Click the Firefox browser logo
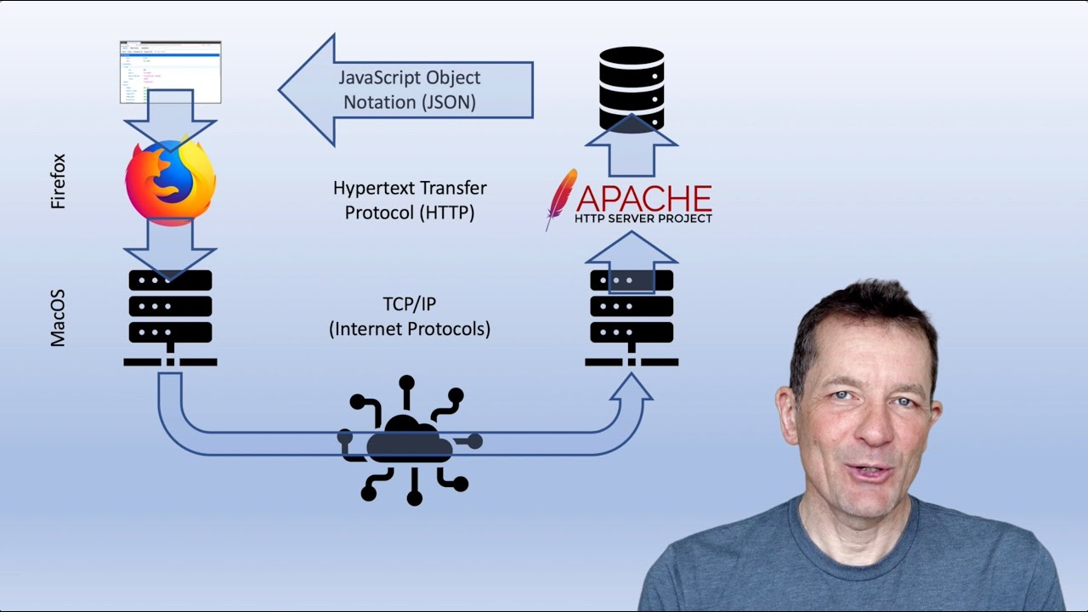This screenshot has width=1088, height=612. (x=170, y=182)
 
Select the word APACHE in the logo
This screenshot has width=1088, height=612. (x=643, y=198)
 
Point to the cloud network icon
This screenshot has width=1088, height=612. (x=411, y=441)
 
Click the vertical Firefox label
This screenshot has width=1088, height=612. (x=58, y=182)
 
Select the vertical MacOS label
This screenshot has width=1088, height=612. (x=58, y=318)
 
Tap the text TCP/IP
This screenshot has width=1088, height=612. (x=409, y=304)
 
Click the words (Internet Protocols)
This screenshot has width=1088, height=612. (x=409, y=328)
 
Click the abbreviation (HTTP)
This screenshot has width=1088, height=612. (x=445, y=212)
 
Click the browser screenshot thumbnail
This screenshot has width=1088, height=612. (x=170, y=71)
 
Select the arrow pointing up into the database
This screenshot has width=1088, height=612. (x=631, y=144)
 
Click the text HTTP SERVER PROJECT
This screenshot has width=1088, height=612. (x=643, y=218)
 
